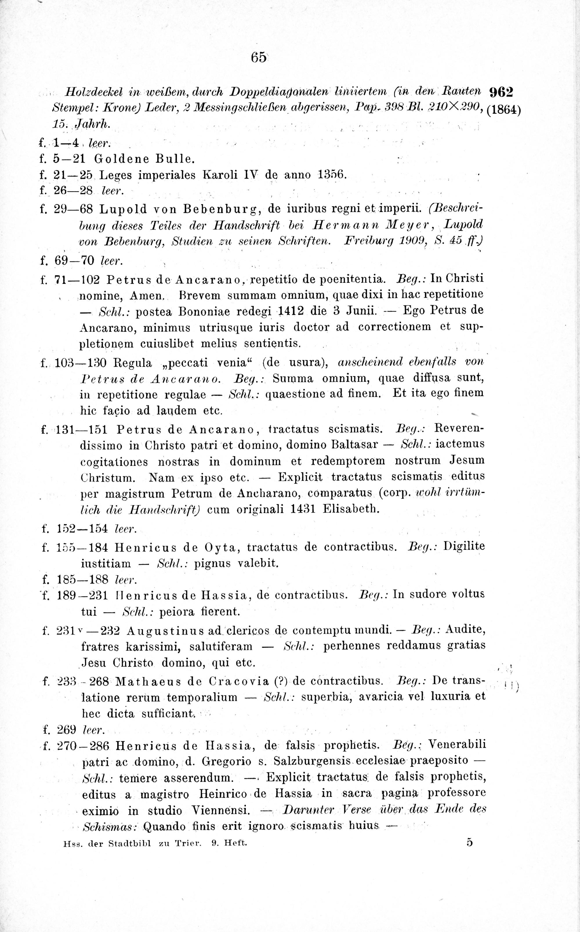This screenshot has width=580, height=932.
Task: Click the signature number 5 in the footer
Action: point(470,843)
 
